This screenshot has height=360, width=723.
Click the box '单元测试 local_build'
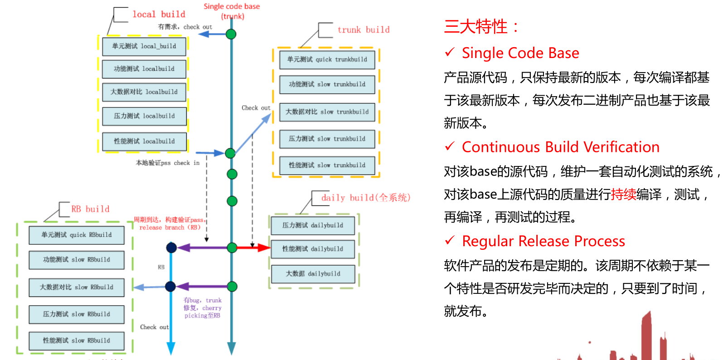(144, 46)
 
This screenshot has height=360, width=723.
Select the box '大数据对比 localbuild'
(144, 92)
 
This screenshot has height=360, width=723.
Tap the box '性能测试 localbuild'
(144, 141)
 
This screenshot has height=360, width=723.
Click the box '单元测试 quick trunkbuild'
(327, 59)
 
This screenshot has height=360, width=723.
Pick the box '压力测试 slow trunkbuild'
(327, 139)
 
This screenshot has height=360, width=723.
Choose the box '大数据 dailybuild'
(313, 274)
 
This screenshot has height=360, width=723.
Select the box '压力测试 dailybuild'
(313, 225)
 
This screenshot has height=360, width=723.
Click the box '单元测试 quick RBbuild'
(77, 235)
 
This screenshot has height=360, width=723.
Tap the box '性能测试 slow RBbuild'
(77, 341)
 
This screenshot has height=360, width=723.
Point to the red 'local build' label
(159, 15)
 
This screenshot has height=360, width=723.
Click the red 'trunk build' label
(363, 30)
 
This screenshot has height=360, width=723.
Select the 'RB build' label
(90, 209)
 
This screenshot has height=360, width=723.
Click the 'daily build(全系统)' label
(365, 198)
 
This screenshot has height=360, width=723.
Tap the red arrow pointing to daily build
(253, 248)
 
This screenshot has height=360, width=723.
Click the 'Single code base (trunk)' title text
(232, 11)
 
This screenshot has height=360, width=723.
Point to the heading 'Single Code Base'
(520, 53)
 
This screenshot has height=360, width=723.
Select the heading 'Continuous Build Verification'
(560, 147)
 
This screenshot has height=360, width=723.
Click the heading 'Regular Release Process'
(543, 241)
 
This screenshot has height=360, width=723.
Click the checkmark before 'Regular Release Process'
(450, 240)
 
